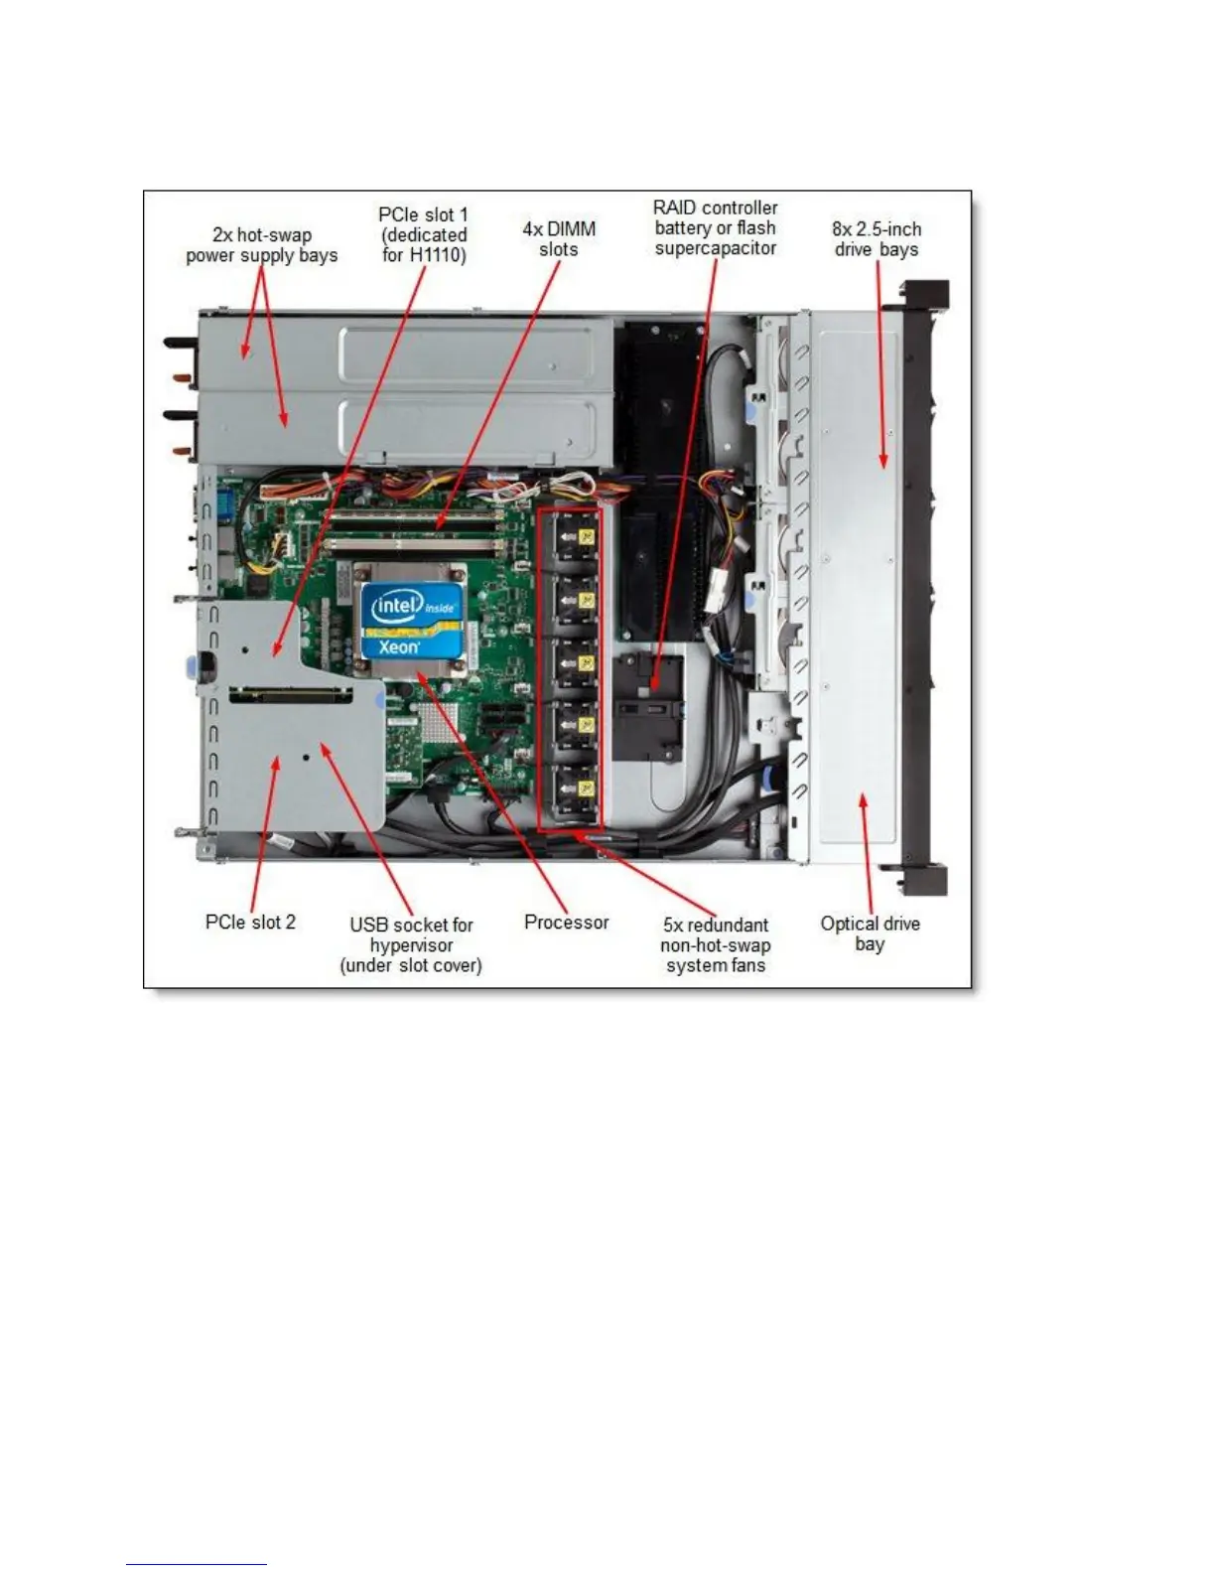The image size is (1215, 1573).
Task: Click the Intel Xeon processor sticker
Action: (411, 621)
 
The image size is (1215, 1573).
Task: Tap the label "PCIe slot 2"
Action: (250, 923)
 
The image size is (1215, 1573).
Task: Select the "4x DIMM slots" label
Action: (559, 239)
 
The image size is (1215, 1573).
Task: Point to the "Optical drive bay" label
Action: (870, 933)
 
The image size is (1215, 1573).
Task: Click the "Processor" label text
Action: (566, 923)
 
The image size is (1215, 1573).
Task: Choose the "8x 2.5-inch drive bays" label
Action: (876, 239)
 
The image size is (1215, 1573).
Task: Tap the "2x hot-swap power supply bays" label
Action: (261, 245)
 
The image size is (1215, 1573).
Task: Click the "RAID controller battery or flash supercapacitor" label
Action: (715, 228)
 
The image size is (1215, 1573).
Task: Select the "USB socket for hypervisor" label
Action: (411, 944)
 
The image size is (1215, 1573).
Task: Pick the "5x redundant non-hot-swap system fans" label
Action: (715, 944)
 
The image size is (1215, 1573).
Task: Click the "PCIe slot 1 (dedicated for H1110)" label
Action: (424, 235)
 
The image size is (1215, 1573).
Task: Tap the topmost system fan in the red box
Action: (570, 540)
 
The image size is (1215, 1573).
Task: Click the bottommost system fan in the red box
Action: (570, 790)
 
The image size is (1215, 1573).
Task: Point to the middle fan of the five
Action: (570, 664)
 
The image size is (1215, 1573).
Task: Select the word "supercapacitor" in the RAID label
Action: (715, 248)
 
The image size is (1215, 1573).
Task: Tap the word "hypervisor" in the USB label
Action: (411, 945)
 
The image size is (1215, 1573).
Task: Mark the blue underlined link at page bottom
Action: (197, 1565)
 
